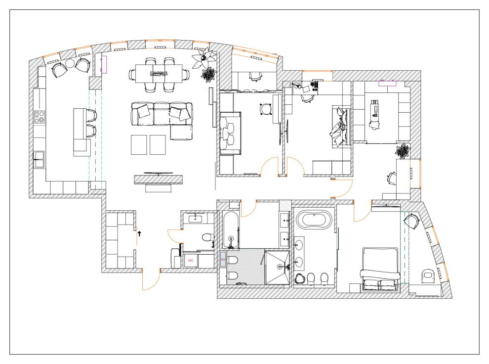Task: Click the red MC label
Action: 191,260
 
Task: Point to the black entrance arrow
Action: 139,233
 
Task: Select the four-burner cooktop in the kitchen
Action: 39,118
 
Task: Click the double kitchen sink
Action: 39,157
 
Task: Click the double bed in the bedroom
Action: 379,270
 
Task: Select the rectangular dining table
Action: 159,74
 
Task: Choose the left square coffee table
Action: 139,144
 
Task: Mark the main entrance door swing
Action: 149,281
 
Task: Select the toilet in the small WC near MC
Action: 207,236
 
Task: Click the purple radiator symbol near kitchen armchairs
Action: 104,64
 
